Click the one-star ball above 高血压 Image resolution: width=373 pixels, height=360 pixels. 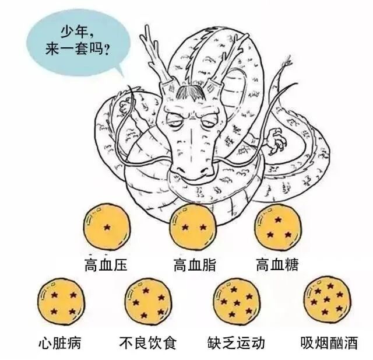pos(106,226)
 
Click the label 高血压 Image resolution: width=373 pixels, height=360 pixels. pos(105,264)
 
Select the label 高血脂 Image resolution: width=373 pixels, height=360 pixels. pos(195,264)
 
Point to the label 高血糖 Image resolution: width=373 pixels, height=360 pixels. pos(277,264)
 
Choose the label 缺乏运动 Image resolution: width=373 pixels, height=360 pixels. pos(237,341)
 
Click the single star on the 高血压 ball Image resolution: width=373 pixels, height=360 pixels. pos(106,226)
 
